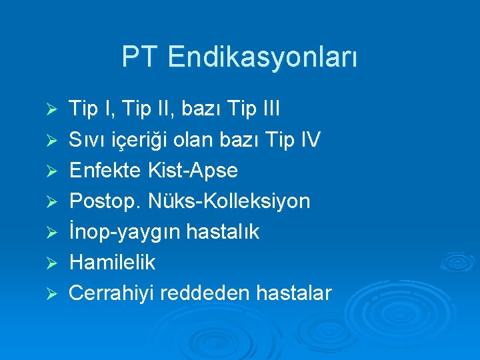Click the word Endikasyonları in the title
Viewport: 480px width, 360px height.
[263, 57]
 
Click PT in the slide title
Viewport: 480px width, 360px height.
[141, 57]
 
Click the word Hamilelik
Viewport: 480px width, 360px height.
[112, 262]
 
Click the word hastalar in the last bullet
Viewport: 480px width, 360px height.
[296, 293]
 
